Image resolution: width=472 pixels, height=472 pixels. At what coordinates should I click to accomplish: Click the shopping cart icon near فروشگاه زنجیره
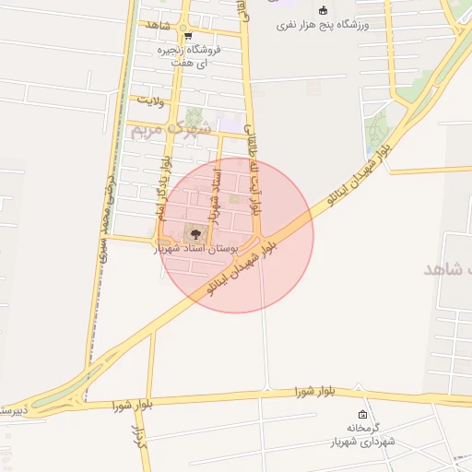pyautogui.click(x=188, y=36)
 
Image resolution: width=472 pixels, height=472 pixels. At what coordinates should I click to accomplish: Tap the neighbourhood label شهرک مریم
pyautogui.click(x=171, y=129)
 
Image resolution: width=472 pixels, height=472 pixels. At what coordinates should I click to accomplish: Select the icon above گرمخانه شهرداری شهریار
pyautogui.click(x=361, y=414)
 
